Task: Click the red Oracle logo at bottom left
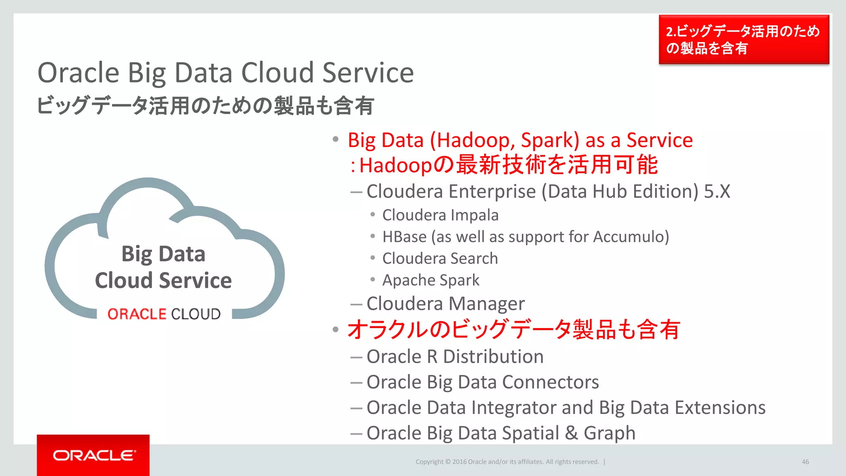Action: tap(93, 455)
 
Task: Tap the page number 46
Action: tap(805, 462)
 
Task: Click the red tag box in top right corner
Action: tap(744, 40)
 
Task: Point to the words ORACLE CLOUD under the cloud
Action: tap(164, 314)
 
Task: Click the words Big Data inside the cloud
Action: tap(163, 254)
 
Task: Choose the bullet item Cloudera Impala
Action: tap(440, 215)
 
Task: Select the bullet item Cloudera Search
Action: tap(440, 259)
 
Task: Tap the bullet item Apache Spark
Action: tap(431, 280)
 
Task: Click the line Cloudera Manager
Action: tap(445, 304)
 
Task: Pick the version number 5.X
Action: tap(717, 192)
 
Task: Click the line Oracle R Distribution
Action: tap(455, 357)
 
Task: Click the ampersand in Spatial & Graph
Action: tap(571, 433)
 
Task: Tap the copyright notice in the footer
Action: tap(507, 462)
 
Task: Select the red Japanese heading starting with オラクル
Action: tap(513, 330)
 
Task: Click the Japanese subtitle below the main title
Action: tap(206, 106)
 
